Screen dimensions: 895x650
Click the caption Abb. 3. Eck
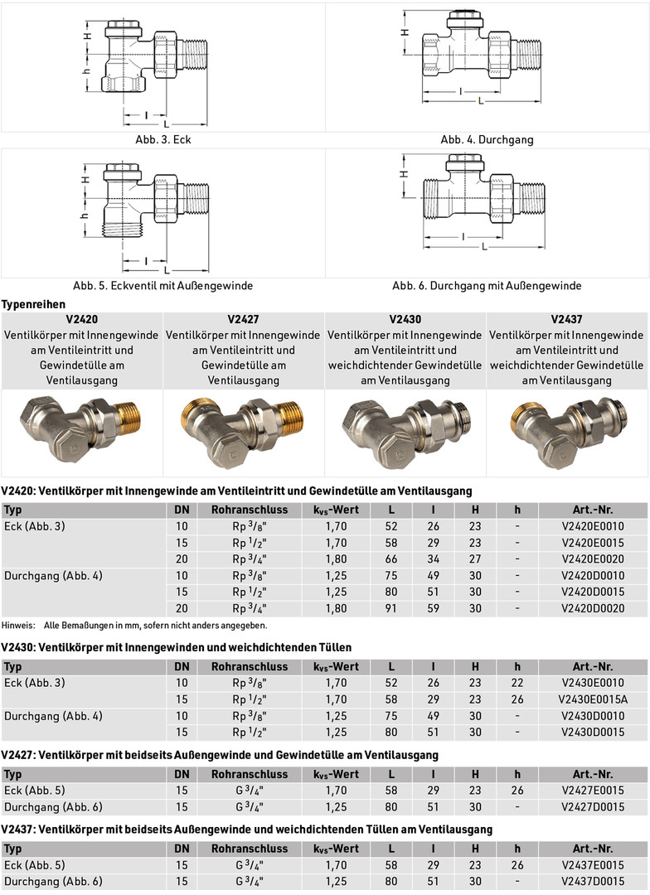point(162,139)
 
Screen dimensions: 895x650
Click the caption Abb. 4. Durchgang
point(487,139)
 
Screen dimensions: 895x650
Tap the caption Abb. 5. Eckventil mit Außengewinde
point(162,286)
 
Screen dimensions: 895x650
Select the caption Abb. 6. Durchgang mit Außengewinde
point(487,286)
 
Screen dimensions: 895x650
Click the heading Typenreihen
point(33,305)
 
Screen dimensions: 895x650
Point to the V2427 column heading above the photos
point(243,320)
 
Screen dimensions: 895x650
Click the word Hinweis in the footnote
point(17,625)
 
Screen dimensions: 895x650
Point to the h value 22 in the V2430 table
point(517,683)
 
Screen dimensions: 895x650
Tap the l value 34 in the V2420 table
point(433,559)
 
